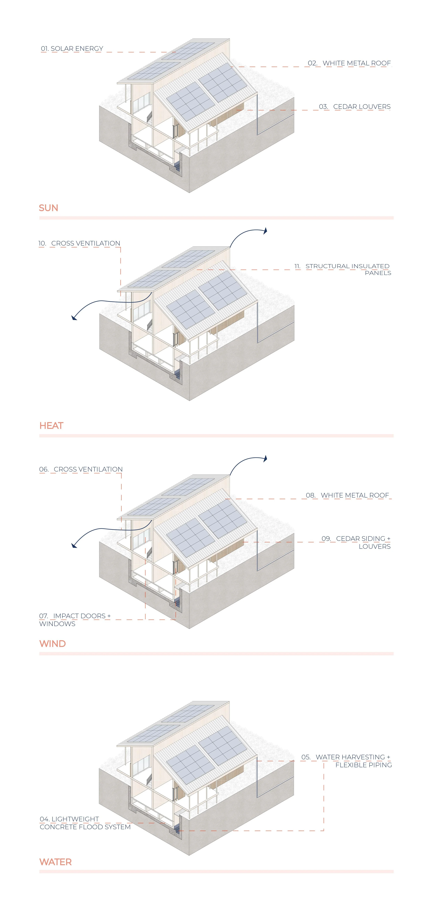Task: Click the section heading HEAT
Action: (51, 426)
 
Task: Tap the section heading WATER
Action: (56, 862)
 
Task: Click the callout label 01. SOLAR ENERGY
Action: (72, 49)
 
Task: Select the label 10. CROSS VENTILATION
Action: (79, 243)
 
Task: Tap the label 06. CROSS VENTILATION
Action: (81, 470)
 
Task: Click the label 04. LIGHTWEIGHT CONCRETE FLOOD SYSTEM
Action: (85, 823)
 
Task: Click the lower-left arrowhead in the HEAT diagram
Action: (74, 318)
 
